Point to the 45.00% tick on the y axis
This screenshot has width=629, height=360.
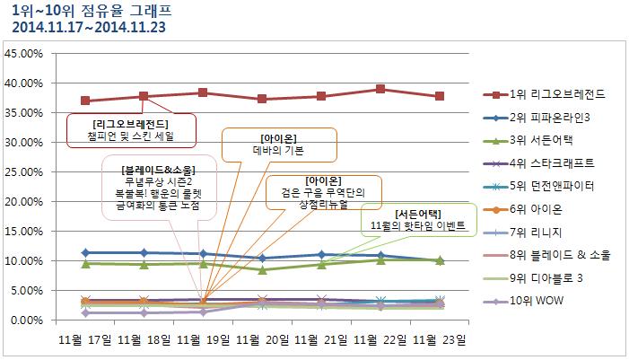click(x=23, y=54)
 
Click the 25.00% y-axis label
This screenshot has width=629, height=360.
click(x=23, y=172)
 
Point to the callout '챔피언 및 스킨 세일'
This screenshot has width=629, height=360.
click(x=130, y=136)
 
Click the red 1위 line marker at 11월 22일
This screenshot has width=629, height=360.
click(x=380, y=89)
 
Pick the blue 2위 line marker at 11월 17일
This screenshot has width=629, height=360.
click(x=85, y=252)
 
